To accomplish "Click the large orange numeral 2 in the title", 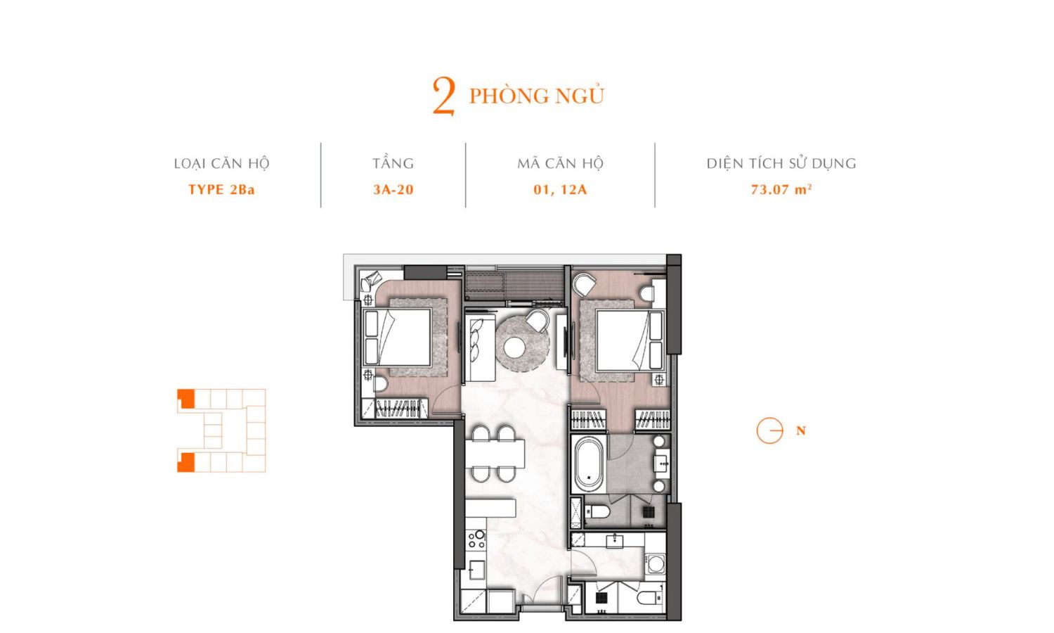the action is pos(443,96).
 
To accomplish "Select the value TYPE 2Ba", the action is pos(221,189).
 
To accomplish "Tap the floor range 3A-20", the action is pos(393,189).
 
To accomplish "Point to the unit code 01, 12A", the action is pos(560,190).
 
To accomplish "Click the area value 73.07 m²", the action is pos(781,189).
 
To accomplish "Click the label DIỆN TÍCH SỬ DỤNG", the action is pos(781,163).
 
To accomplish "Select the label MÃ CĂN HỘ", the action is pos(560,163).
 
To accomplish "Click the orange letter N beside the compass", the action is pos(801,430).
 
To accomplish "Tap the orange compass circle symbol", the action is pos(769,430).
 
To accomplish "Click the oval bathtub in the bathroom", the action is pos(588,464).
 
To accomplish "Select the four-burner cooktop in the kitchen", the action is pos(476,539).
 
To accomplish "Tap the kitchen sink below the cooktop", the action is pos(476,570).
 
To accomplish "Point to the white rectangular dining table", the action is pos(495,453).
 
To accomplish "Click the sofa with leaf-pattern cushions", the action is pos(480,347).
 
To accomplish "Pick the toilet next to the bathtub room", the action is pos(597,512).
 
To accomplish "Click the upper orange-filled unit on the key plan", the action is pos(187,398).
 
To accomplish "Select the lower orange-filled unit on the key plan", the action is pos(186,462).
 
